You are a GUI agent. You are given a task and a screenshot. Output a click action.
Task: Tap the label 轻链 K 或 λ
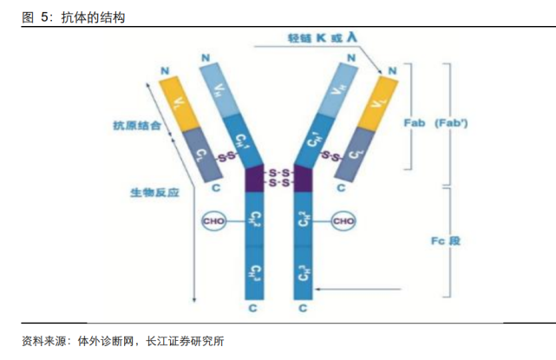point(322,38)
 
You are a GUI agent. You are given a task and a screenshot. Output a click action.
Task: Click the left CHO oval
point(213,221)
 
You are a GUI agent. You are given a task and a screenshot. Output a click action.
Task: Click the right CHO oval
point(343,221)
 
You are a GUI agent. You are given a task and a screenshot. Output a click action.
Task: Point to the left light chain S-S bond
point(226,157)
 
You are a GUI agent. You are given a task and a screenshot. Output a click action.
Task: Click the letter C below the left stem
point(253,307)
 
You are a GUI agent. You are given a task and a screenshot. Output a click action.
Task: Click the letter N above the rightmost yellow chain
point(392,69)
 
